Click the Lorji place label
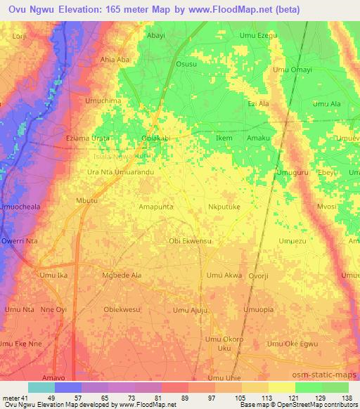(22, 34)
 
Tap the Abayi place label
(157, 34)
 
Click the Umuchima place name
(103, 101)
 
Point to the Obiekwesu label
(122, 309)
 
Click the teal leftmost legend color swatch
(41, 387)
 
